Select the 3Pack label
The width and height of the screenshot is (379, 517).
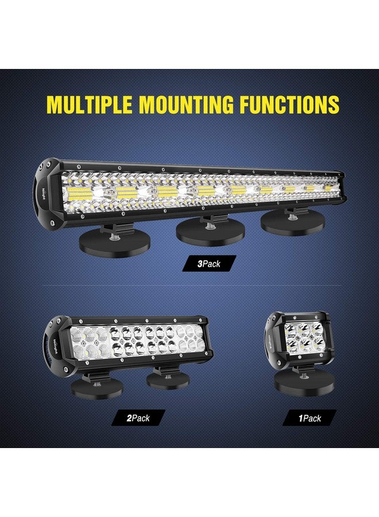click(x=209, y=264)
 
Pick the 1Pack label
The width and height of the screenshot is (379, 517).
click(x=310, y=418)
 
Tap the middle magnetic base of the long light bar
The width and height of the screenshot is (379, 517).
click(x=211, y=231)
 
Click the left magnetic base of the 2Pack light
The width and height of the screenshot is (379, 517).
click(x=96, y=387)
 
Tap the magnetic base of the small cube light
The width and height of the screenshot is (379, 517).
click(x=296, y=383)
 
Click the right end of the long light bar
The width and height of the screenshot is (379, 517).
click(x=340, y=184)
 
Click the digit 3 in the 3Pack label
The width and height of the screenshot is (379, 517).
click(x=200, y=264)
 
